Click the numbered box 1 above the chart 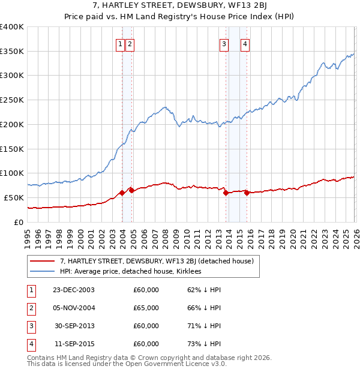click(x=121, y=43)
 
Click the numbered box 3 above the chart click(x=224, y=43)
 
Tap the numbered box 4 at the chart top click(x=245, y=43)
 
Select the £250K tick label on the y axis click(x=12, y=100)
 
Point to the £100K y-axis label click(x=12, y=173)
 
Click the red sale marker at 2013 click(x=226, y=193)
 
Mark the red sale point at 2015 click(x=247, y=193)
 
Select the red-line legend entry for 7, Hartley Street click(x=157, y=261)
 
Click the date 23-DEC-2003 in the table click(x=74, y=290)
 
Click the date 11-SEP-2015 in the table click(x=74, y=344)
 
